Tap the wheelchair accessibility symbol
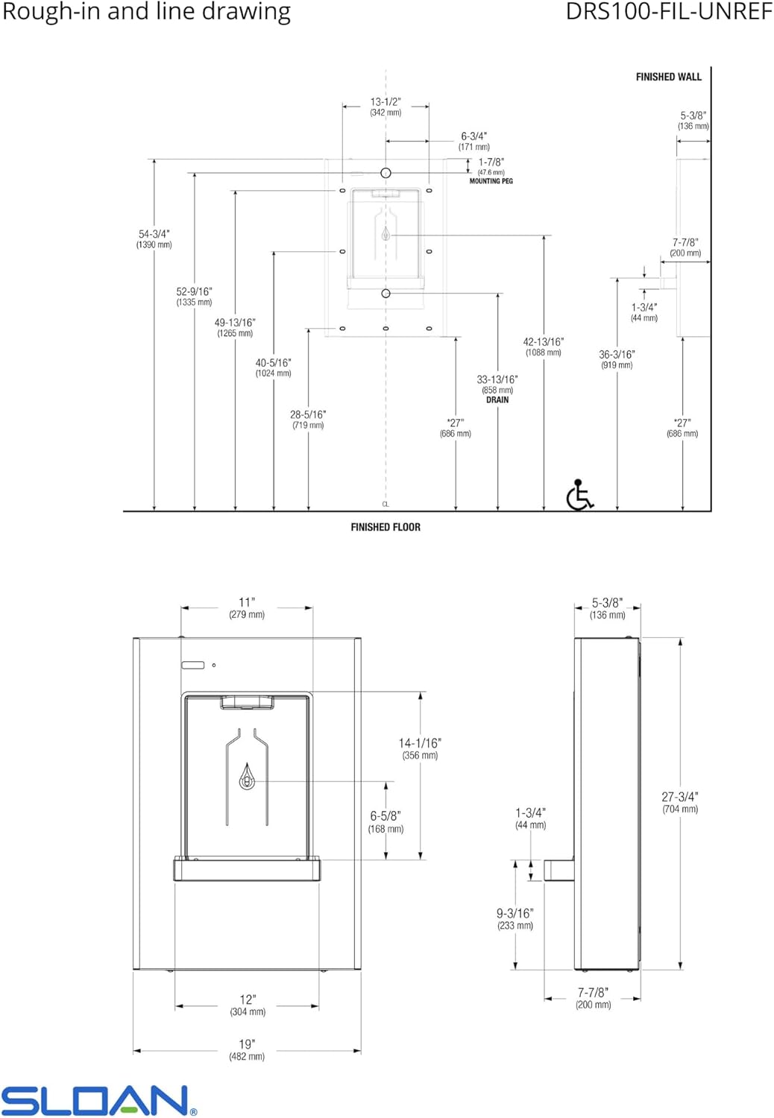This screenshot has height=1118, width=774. (579, 495)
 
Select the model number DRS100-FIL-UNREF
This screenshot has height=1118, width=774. (668, 12)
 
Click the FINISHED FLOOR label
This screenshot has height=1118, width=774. (386, 527)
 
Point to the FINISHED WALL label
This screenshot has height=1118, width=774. (668, 77)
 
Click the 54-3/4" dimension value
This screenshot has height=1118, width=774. (154, 234)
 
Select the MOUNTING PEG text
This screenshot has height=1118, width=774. (491, 181)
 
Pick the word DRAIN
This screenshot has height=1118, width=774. (497, 400)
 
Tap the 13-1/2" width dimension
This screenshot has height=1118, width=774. (386, 102)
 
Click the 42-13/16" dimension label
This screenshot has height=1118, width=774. (543, 342)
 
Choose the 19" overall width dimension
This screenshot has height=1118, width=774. (247, 1044)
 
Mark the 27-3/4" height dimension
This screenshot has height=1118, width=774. (679, 797)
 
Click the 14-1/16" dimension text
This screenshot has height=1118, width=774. (420, 743)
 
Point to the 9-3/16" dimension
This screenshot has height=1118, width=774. (515, 913)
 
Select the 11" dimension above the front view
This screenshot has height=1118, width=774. (247, 602)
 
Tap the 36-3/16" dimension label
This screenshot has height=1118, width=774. (617, 355)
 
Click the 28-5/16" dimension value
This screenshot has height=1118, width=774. (308, 414)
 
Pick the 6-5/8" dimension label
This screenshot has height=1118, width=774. (386, 816)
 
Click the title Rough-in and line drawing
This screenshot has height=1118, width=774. (146, 12)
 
